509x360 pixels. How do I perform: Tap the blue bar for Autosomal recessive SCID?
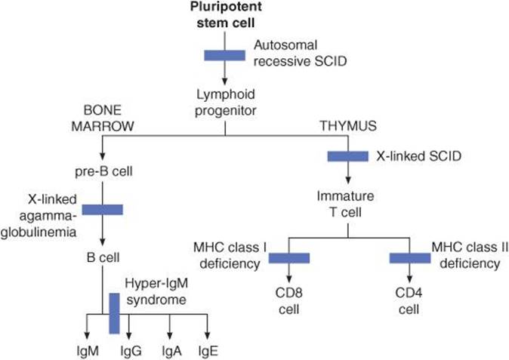coord(225,54)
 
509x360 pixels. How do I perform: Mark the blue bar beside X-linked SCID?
coord(347,156)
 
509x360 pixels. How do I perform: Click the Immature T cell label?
coord(347,204)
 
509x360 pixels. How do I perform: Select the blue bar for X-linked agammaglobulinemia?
coord(102,209)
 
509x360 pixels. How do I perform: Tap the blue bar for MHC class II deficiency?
coord(409,258)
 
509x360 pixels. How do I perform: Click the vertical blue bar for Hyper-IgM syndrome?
coord(115,312)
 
